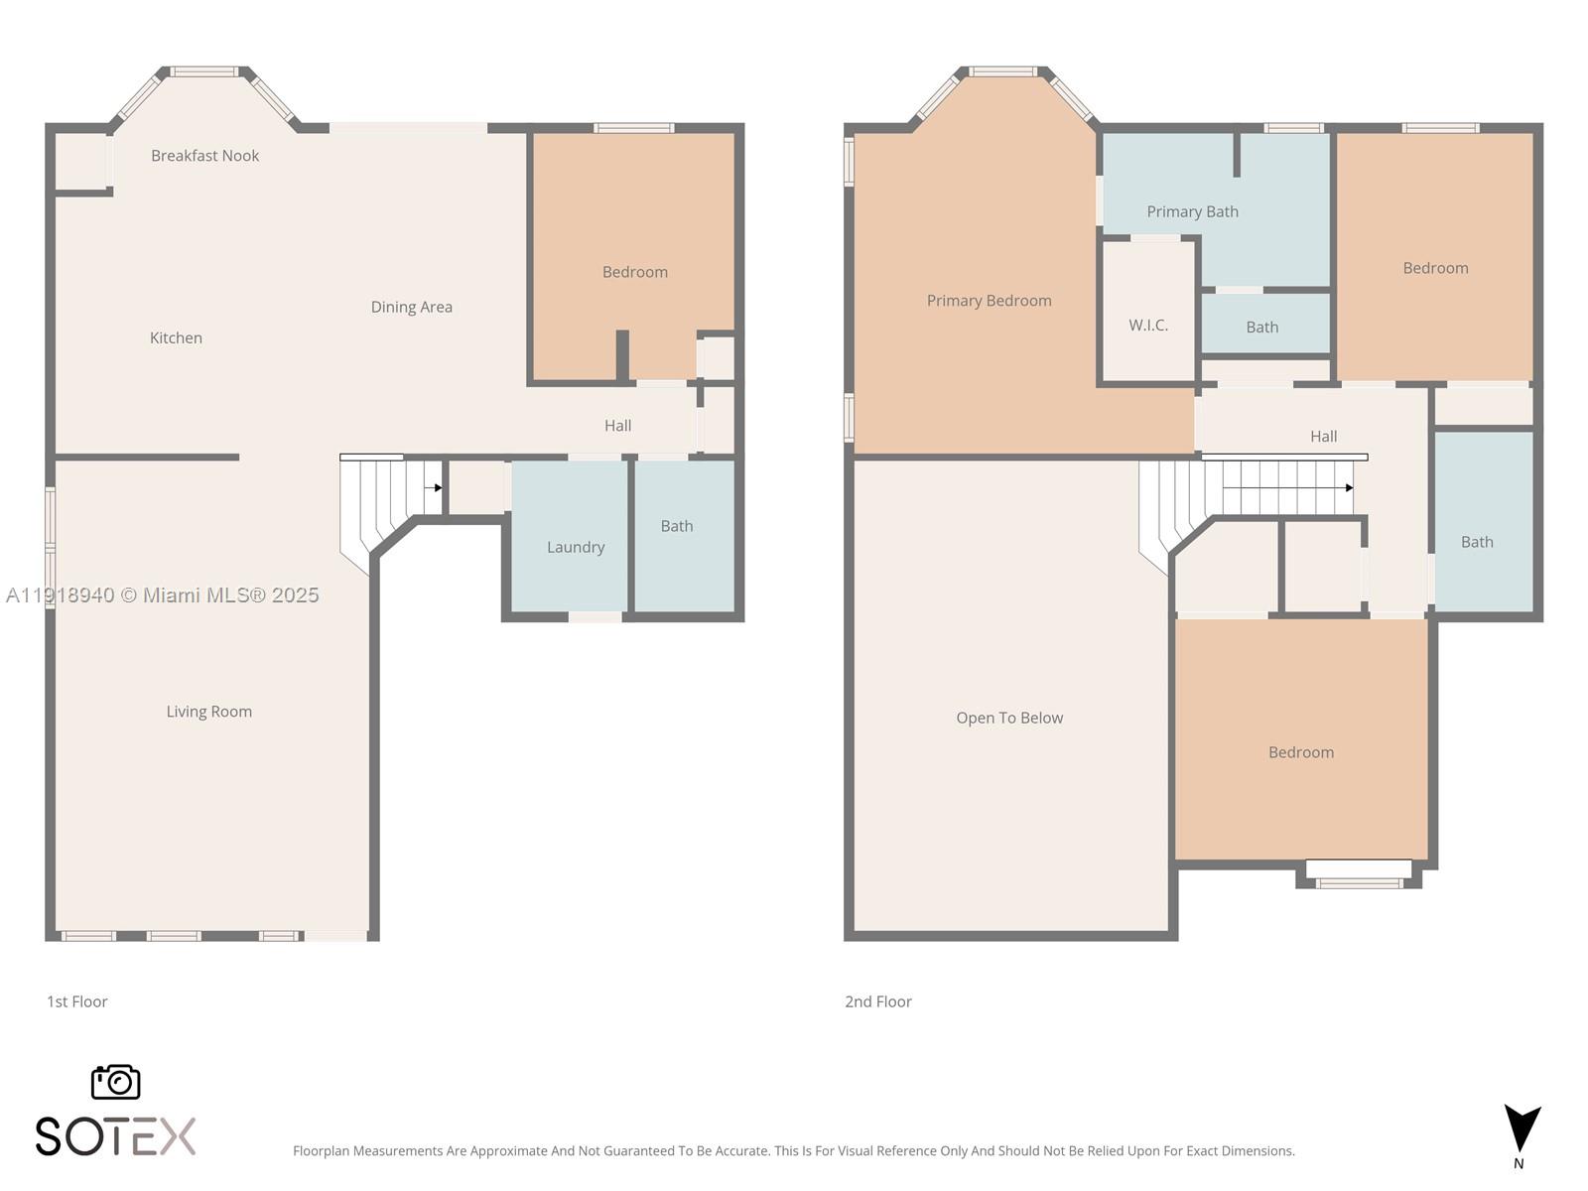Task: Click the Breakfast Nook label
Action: point(204,156)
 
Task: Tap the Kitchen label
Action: point(176,337)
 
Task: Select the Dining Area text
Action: point(412,308)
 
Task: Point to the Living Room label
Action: point(209,712)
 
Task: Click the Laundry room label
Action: point(576,548)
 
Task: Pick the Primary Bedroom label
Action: point(989,301)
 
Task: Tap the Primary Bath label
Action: point(1192,211)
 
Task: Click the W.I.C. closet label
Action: point(1148,326)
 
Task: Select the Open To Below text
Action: point(1009,718)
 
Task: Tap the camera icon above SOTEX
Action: point(116,1082)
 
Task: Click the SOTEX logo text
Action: point(116,1136)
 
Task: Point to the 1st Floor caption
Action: point(76,1001)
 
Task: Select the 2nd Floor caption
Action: point(878,1001)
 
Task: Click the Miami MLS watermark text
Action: point(162,595)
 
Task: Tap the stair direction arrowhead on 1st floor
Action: point(439,488)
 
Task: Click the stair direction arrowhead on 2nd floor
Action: point(1349,488)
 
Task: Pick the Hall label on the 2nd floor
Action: point(1323,437)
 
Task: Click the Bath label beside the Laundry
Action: point(677,526)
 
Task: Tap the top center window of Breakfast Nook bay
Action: point(204,71)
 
